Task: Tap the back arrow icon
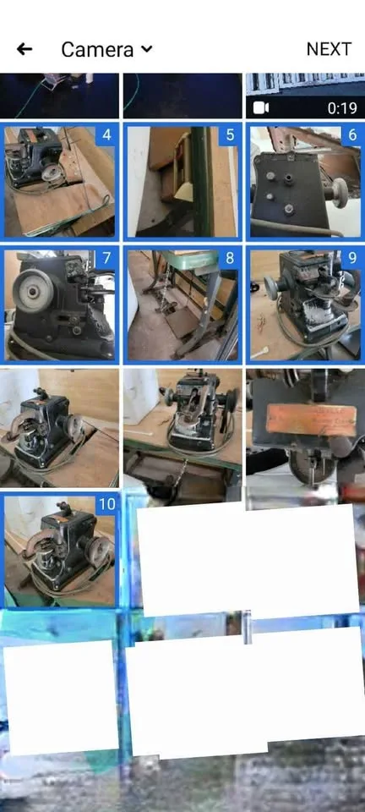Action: click(25, 49)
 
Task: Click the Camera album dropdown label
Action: click(97, 49)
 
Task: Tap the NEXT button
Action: click(329, 49)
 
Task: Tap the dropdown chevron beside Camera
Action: click(147, 49)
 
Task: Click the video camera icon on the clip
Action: click(261, 107)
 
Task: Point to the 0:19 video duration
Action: click(342, 107)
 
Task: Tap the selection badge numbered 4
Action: click(107, 135)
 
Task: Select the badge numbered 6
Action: click(351, 135)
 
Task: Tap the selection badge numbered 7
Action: click(107, 258)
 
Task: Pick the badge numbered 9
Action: click(351, 258)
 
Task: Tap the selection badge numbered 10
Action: click(106, 505)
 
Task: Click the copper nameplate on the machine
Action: click(308, 420)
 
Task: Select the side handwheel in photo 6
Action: click(343, 187)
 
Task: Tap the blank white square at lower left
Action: click(61, 697)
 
